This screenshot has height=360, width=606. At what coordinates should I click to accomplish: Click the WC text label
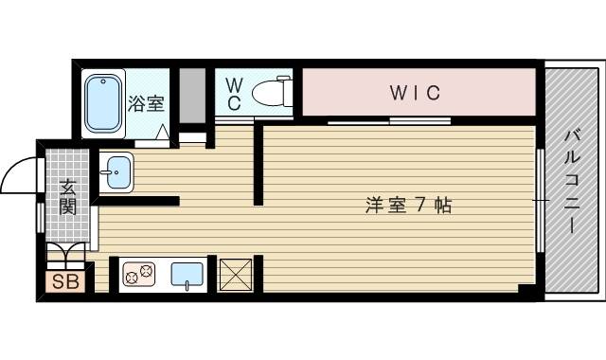pyautogui.click(x=234, y=94)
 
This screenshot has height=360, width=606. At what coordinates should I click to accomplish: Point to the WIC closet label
pyautogui.click(x=416, y=93)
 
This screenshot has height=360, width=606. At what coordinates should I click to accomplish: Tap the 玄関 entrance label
pyautogui.click(x=68, y=197)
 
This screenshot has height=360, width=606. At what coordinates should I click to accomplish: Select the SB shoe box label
pyautogui.click(x=65, y=280)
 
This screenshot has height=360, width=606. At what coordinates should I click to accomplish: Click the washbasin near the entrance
pyautogui.click(x=117, y=172)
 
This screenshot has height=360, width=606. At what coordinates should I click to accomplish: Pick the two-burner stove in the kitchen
pyautogui.click(x=138, y=275)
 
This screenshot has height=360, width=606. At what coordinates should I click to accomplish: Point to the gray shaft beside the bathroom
pyautogui.click(x=192, y=95)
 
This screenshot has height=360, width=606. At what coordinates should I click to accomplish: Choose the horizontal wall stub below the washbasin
pyautogui.click(x=137, y=200)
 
